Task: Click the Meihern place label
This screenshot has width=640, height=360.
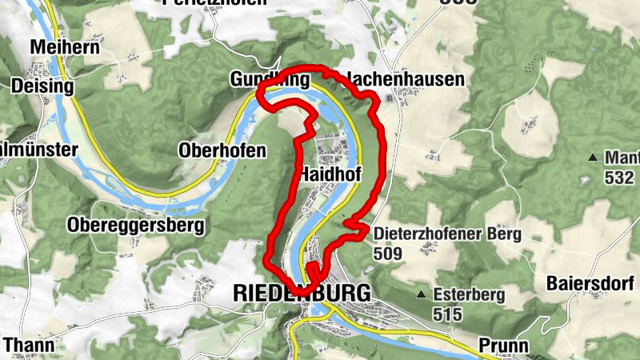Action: tap(65, 48)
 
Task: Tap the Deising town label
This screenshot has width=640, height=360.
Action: tap(42, 86)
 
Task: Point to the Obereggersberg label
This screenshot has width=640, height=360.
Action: tap(136, 225)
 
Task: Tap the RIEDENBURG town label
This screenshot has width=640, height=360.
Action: tap(302, 293)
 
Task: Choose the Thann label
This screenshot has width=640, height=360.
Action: tap(28, 346)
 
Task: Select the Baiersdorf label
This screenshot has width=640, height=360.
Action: tap(592, 283)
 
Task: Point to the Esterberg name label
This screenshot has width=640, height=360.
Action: tap(469, 294)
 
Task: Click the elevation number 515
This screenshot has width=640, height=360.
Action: tap(448, 314)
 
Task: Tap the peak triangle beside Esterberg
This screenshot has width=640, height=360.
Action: tap(422, 294)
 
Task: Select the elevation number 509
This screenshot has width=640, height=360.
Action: tap(388, 254)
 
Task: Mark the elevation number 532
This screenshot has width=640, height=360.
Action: tap(620, 177)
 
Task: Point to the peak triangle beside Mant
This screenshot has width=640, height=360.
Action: tap(593, 158)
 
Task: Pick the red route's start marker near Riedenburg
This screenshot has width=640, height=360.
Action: tap(311, 267)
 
